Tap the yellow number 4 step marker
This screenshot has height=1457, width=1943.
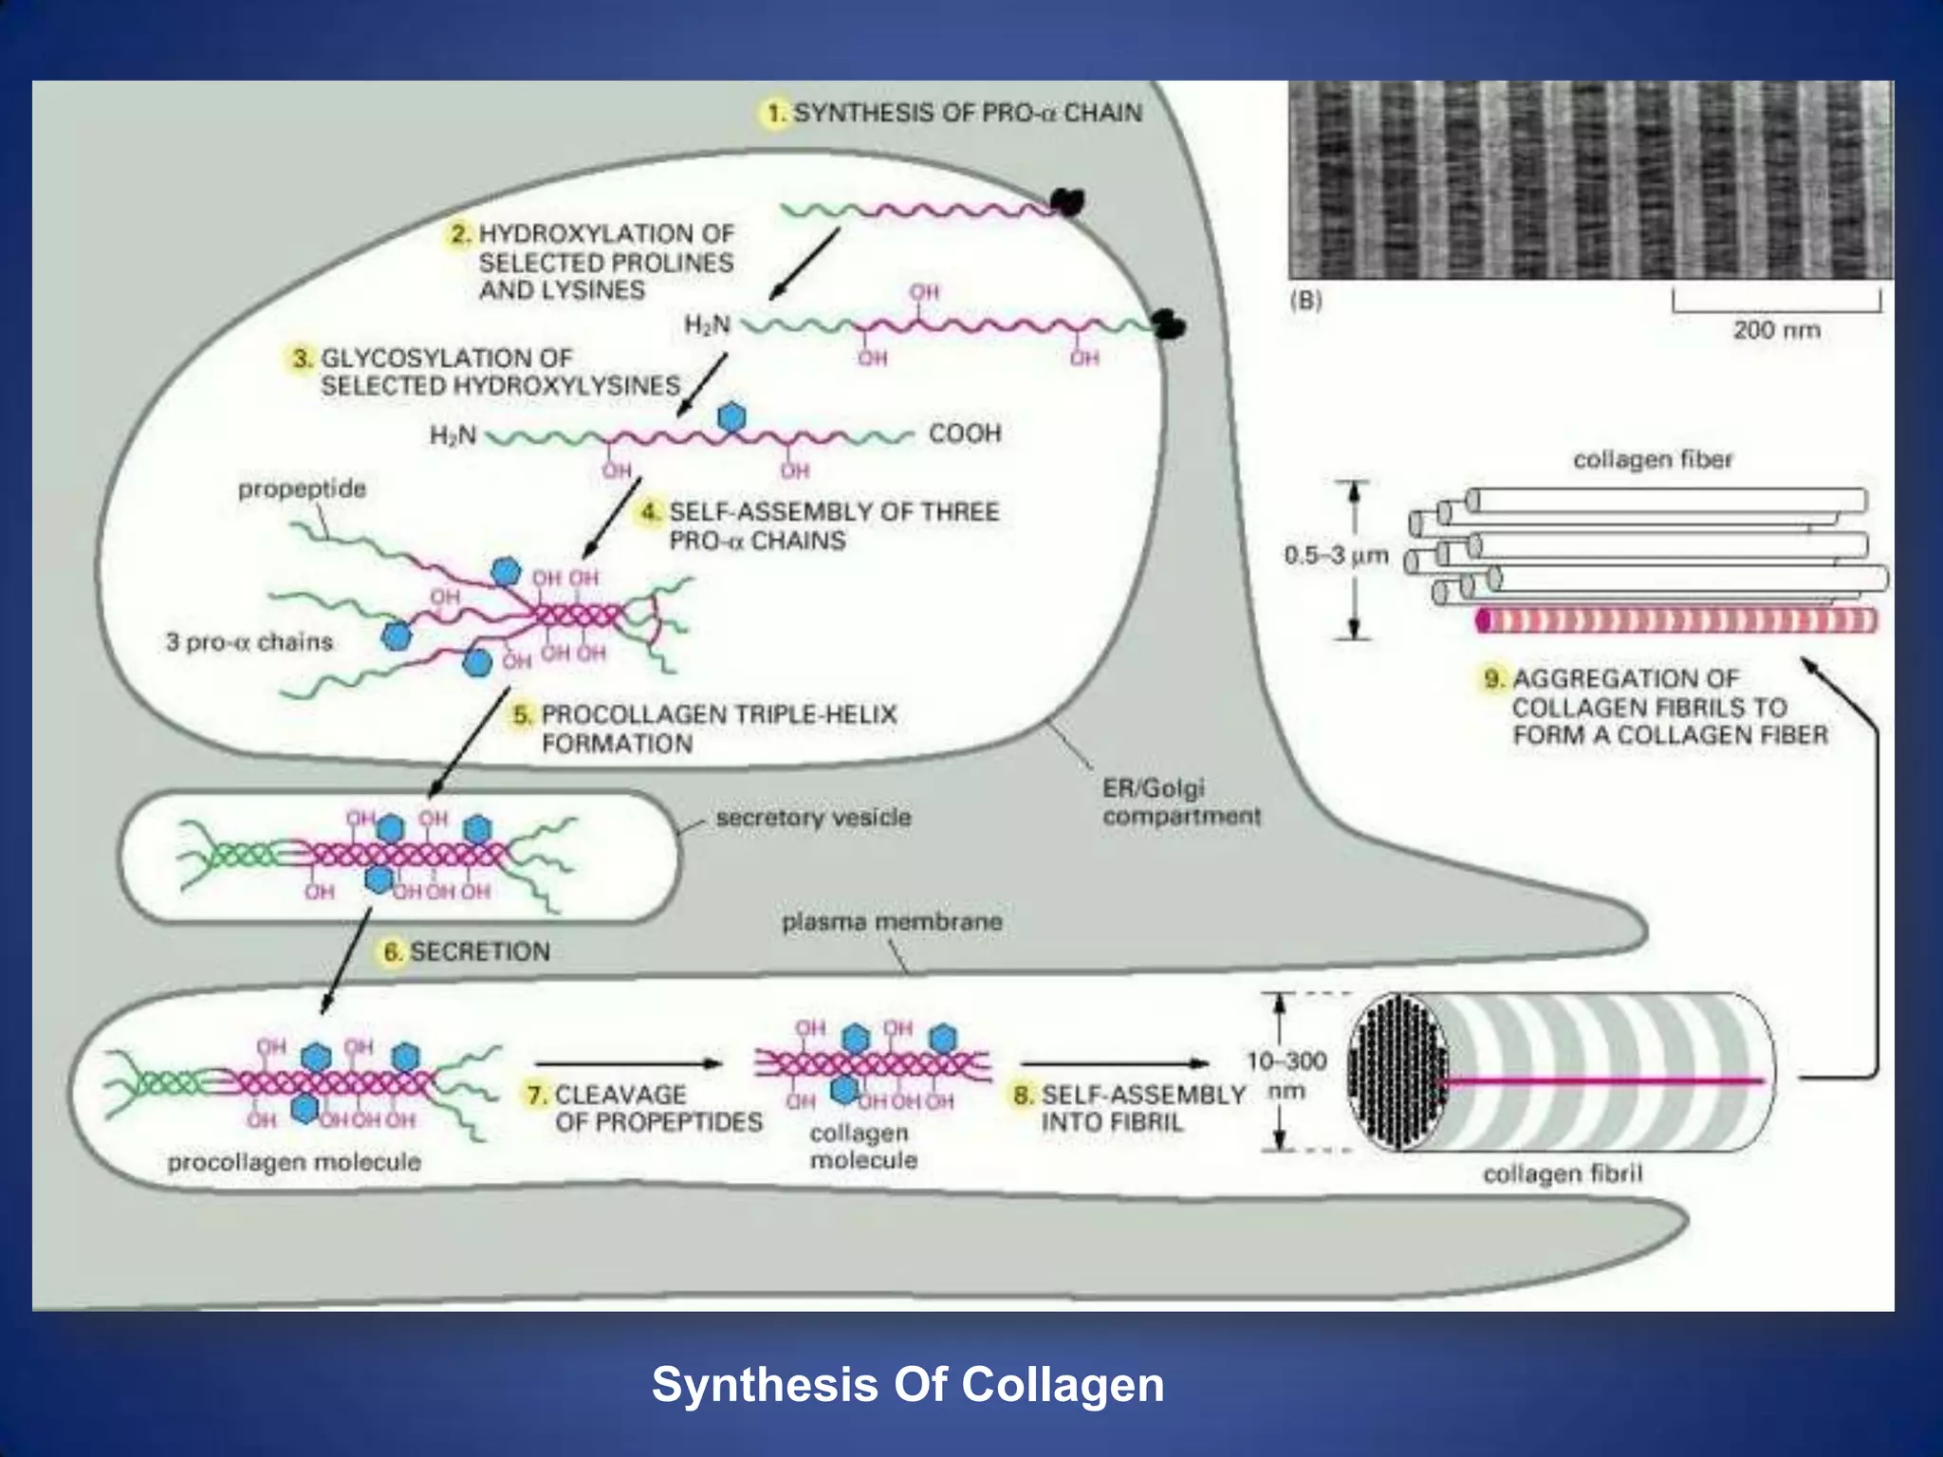(650, 512)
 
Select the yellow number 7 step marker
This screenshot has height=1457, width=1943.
(537, 1095)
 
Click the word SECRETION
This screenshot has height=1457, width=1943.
(480, 951)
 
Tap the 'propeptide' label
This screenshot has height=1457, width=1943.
(302, 489)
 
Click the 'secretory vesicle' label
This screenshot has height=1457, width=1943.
(813, 818)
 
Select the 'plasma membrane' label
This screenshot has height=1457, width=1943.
(892, 921)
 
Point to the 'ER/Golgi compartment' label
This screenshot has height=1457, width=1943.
(1181, 802)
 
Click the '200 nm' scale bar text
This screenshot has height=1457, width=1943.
(1776, 330)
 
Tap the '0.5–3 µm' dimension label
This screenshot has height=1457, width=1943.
(1336, 555)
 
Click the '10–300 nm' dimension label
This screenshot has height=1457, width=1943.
(1286, 1075)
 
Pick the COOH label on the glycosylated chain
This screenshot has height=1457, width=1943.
(965, 433)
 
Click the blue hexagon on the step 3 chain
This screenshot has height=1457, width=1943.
(731, 417)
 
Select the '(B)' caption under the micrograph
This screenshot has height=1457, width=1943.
(1305, 301)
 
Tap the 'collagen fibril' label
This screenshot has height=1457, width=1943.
(1563, 1173)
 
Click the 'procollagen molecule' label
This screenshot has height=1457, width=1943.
(294, 1162)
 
